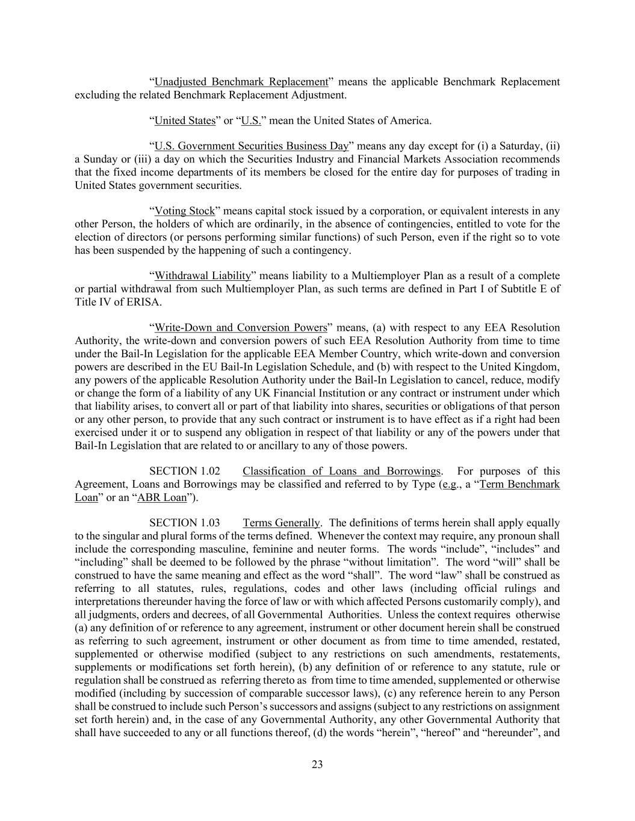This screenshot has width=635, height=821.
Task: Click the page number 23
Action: click(317, 764)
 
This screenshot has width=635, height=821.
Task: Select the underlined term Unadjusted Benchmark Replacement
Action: click(241, 82)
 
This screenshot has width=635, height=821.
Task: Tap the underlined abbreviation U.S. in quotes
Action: click(251, 120)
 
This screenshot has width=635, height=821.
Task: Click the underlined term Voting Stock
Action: click(184, 211)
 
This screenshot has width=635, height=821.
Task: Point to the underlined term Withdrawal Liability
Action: click(202, 276)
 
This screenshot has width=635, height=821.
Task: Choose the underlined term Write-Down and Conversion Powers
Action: click(241, 328)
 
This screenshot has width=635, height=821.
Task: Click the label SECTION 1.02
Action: click(184, 471)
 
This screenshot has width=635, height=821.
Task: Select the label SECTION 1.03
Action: click(184, 523)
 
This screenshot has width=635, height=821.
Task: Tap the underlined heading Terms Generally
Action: click(281, 523)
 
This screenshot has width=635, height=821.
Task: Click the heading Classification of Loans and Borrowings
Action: click(341, 471)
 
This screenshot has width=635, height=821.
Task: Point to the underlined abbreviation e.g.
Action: click(450, 484)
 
